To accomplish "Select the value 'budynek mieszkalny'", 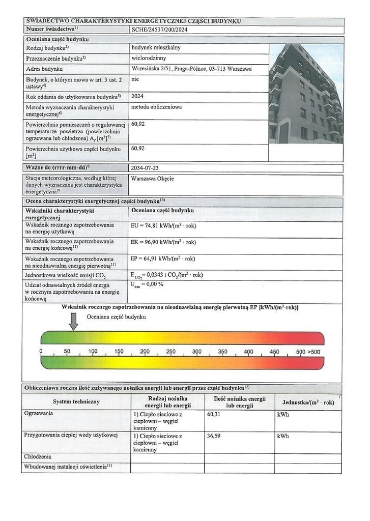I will [x=156, y=48].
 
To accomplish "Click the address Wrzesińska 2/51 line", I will [x=191, y=69].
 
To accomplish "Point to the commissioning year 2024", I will [x=138, y=96].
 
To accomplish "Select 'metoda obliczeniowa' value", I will [x=156, y=107].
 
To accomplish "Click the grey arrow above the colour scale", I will [x=74, y=321].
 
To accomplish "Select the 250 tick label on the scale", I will [x=170, y=352].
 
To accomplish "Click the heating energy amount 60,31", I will [x=214, y=415].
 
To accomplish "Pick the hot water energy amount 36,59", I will [x=214, y=436].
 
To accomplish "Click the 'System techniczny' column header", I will [x=76, y=402].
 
